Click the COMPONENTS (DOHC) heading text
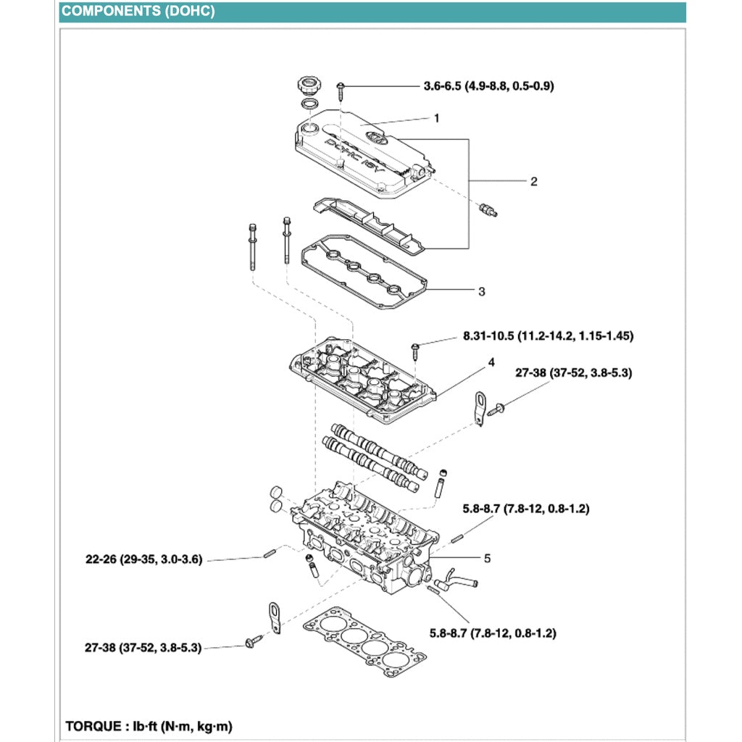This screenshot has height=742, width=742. click(138, 12)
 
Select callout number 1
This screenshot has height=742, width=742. click(436, 117)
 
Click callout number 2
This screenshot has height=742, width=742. click(533, 181)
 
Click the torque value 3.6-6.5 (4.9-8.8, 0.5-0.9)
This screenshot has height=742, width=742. click(488, 86)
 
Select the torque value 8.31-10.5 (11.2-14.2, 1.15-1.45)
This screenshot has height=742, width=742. click(549, 336)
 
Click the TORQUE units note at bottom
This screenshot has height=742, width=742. click(149, 725)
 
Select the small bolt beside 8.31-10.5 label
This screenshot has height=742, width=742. click(414, 351)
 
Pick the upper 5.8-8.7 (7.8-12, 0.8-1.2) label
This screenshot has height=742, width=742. click(525, 509)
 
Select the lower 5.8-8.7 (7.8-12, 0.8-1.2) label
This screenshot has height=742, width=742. click(492, 633)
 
